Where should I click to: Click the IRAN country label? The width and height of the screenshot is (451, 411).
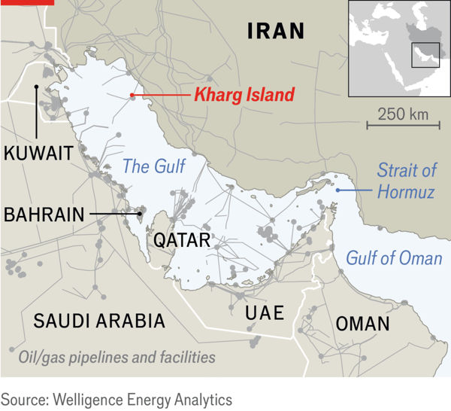coord(276,31)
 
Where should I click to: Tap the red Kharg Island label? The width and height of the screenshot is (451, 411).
coord(244,96)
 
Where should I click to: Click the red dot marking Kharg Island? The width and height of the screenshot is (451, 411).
coord(132,96)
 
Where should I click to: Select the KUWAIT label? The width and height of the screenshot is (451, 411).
coord(38,154)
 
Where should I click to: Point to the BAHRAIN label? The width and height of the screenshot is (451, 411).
coord(44,214)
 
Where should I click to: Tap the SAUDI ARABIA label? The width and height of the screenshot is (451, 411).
coord(99,321)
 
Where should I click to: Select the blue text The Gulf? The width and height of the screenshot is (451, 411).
coord(153,166)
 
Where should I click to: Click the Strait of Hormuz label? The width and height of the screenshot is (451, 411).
coord(406,181)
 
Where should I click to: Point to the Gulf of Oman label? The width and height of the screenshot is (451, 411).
coord(394,258)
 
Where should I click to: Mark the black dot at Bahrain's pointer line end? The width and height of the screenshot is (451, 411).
coord(140,214)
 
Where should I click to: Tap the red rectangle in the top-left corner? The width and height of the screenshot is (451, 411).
coord(27,2)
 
